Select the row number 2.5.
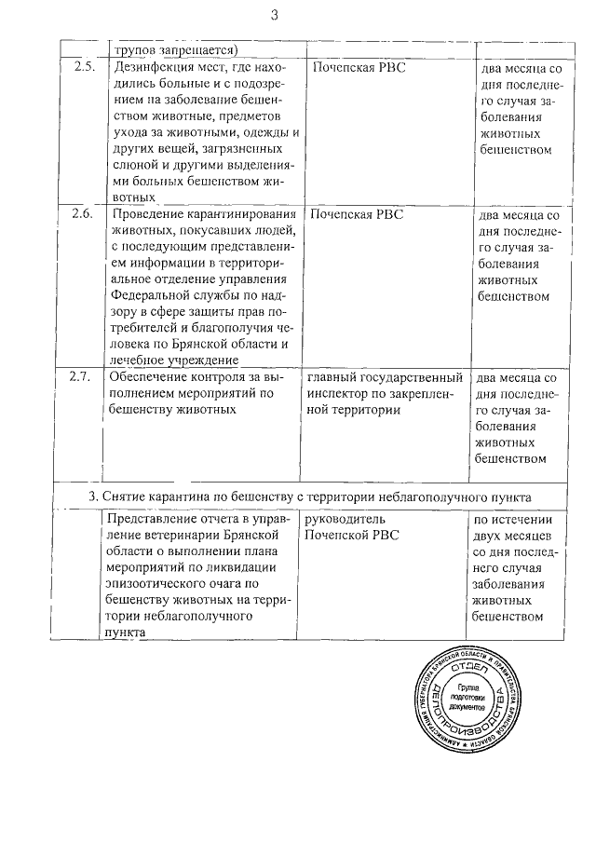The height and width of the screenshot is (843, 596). (82, 68)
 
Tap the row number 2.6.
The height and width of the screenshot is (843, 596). (82, 213)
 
